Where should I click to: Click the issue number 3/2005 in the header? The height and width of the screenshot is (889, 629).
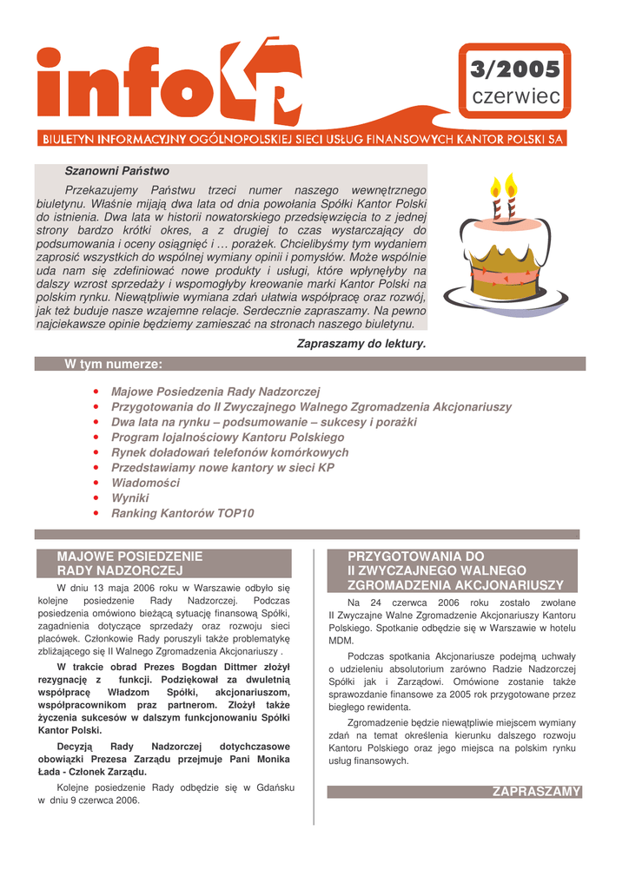coord(515,69)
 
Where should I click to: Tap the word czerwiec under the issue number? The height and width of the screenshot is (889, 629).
coord(515,97)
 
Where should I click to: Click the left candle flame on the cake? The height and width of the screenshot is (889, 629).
coord(496,186)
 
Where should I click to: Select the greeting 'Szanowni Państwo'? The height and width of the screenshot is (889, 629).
coord(116,171)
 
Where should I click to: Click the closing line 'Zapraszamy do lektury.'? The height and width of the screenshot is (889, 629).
coord(361,344)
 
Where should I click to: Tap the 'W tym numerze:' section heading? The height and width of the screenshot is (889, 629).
coord(114,364)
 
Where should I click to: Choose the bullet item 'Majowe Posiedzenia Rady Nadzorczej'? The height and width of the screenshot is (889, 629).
coord(215,392)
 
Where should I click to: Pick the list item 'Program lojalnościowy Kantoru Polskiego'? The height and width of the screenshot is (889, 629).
coord(228,437)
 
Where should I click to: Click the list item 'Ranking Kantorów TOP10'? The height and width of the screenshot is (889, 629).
coord(182,513)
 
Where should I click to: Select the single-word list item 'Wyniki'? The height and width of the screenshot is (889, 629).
coord(130,498)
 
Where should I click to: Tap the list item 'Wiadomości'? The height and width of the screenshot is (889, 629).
coord(145,483)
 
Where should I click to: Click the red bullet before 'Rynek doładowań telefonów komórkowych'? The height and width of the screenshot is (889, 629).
coord(95,452)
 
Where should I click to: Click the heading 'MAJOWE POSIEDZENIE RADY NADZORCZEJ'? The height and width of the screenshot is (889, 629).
coord(129,563)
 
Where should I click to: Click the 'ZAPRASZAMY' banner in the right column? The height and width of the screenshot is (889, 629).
coord(536,792)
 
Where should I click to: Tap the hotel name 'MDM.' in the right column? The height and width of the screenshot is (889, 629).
coord(341,640)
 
